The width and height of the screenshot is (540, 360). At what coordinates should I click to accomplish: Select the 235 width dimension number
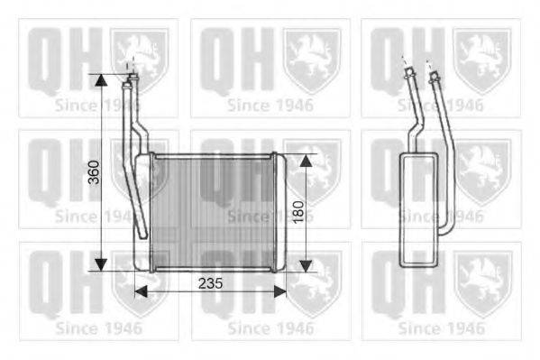[x=209, y=282]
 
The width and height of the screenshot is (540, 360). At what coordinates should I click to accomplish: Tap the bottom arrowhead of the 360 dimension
[x=102, y=263]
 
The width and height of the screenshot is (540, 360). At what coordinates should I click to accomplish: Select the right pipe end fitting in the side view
[x=437, y=80]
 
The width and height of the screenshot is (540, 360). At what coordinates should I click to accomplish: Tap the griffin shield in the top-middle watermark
[x=313, y=58]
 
